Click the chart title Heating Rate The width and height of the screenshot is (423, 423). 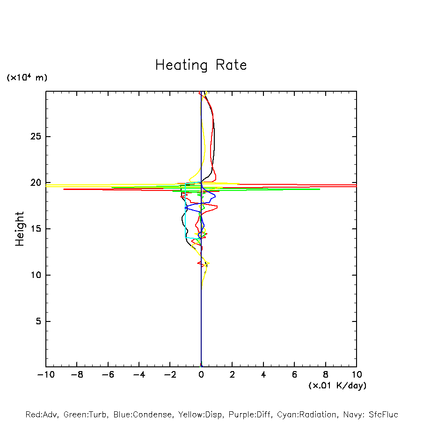coord(201,65)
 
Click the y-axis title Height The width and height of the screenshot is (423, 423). coord(20,229)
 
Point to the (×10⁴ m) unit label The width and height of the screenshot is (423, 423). coord(27,78)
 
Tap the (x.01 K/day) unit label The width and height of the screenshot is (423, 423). coord(337,386)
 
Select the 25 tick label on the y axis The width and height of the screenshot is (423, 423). coord(36,137)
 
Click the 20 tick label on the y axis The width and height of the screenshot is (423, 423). coord(36,183)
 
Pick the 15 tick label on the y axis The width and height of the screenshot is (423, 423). coord(36,229)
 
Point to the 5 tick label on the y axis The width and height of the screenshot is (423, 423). coord(38,321)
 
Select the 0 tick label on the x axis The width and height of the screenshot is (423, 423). coord(201,375)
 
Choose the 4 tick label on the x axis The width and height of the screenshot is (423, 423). coord(263,375)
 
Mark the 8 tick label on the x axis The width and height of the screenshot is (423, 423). coord(326,375)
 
